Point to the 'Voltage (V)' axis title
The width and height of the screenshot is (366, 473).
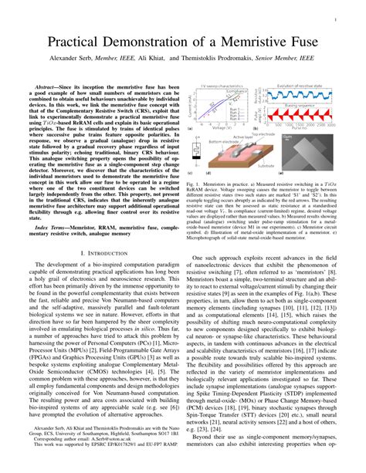tap(229, 127)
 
